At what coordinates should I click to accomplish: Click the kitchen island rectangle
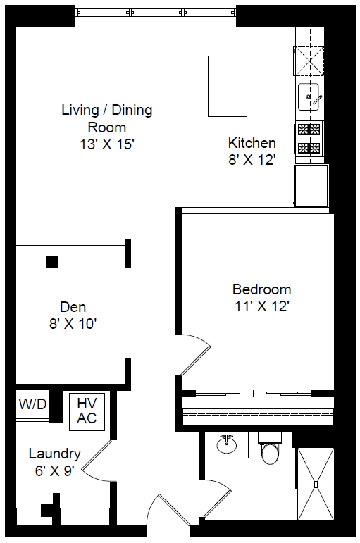point(228,86)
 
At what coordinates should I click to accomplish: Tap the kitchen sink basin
point(309,96)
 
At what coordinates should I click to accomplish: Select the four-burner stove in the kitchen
point(309,139)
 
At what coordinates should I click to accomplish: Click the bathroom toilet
point(271,448)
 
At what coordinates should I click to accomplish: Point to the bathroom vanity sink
point(227,444)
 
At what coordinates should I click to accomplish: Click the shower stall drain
point(316,484)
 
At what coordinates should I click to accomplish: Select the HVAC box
point(87,411)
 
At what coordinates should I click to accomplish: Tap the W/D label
point(32,404)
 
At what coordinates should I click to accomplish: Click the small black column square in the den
point(51,261)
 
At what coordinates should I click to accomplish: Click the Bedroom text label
point(261,289)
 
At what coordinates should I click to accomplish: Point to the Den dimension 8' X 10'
point(73,324)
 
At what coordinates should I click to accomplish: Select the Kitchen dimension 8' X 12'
point(252,160)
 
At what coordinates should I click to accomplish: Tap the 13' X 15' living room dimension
point(106,144)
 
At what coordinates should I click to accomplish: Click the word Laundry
point(55,454)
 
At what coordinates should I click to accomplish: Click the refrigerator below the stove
point(311,186)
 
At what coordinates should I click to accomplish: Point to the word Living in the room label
point(80,110)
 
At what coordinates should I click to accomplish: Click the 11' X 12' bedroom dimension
point(262,306)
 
